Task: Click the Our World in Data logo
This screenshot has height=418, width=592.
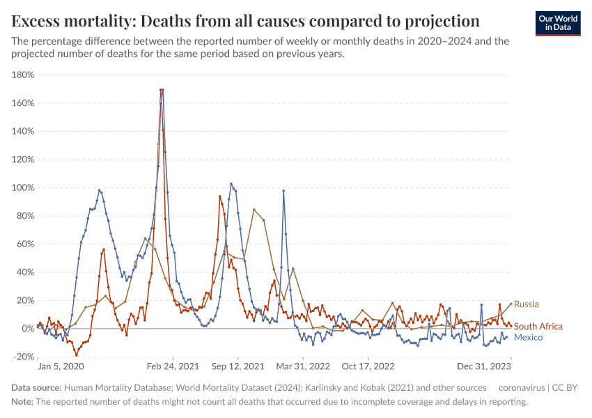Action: click(x=557, y=22)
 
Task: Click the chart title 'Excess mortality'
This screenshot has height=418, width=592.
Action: click(x=245, y=20)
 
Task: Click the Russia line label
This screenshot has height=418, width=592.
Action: click(x=526, y=304)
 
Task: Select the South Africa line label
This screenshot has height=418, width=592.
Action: click(x=538, y=326)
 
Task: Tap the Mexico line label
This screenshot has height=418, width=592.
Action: click(x=527, y=337)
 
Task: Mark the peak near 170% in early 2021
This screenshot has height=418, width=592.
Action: click(x=162, y=89)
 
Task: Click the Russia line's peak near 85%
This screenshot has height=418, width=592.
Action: click(x=254, y=209)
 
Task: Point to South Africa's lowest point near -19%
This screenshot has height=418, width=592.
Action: click(x=77, y=355)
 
